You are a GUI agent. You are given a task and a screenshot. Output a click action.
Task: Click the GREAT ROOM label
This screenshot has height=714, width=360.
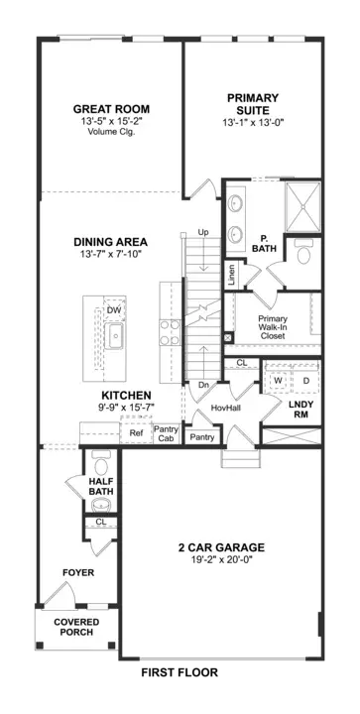pos(111,109)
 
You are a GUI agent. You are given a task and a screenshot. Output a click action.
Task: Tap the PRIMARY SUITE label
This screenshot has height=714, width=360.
pos(252,104)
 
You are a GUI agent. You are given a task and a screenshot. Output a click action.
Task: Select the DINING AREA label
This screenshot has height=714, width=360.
pos(110,241)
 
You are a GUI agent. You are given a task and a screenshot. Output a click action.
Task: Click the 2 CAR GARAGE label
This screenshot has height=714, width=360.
pos(220,547)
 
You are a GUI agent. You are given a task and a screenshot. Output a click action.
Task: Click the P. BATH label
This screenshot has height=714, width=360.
pos(265,244)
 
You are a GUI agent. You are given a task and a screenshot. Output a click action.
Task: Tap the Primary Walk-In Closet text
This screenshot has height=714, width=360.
pos(273,325)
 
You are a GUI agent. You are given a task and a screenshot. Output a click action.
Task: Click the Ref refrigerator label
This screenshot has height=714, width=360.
pos(136,432)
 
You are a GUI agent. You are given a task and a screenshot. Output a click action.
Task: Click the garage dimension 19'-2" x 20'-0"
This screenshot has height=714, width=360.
pos(220,560)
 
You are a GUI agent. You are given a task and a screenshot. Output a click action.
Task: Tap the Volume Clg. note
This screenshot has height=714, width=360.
pos(111,134)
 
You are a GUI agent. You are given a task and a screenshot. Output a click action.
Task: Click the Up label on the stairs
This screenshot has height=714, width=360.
pos(204,232)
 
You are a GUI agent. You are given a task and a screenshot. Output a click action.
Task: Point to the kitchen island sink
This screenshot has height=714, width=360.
pos(115,337)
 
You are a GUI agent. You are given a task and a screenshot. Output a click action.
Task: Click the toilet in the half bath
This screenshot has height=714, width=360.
pos(98,464)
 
